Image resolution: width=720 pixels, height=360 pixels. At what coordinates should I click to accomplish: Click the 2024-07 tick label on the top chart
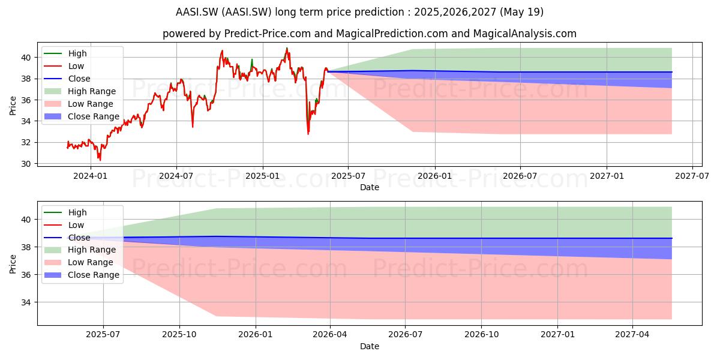click(176, 176)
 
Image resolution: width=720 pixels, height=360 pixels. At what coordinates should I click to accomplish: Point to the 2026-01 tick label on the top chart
click(435, 176)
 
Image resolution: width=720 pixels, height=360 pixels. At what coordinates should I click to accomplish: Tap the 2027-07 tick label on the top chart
click(692, 176)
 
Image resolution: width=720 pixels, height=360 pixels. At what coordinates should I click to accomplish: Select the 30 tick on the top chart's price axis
click(26, 164)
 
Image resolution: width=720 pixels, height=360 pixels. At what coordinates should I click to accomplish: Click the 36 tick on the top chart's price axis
click(26, 100)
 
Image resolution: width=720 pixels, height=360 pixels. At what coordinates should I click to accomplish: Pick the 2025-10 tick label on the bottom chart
click(179, 335)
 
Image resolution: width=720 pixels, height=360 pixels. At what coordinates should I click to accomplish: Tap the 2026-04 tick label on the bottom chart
click(330, 335)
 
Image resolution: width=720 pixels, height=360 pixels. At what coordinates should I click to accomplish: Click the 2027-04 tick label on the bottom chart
click(632, 335)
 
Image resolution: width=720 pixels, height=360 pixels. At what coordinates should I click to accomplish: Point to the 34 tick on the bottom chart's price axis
click(26, 302)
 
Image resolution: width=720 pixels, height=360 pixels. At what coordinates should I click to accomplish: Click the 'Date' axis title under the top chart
click(370, 187)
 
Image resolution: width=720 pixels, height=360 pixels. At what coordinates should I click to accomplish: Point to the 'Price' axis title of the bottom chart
click(13, 264)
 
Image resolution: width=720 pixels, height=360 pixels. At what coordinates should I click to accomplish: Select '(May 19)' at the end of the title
click(521, 12)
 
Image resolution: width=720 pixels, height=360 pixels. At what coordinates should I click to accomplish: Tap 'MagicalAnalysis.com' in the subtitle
click(525, 34)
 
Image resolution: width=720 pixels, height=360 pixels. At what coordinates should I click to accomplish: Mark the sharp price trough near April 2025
click(308, 134)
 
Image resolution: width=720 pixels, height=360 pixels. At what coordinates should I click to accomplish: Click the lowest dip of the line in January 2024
click(100, 160)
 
